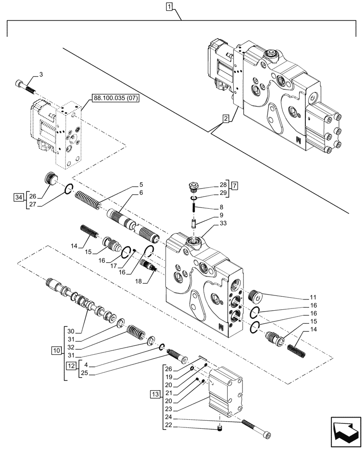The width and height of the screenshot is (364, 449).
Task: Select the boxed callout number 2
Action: tap(226, 119)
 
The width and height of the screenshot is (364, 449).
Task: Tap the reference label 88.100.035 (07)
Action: tap(116, 98)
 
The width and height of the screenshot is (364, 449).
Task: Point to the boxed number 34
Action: tap(18, 196)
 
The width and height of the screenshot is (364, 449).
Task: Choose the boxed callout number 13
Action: tap(155, 394)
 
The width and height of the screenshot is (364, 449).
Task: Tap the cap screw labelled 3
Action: tap(24, 86)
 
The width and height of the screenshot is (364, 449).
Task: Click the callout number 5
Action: tap(141, 184)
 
